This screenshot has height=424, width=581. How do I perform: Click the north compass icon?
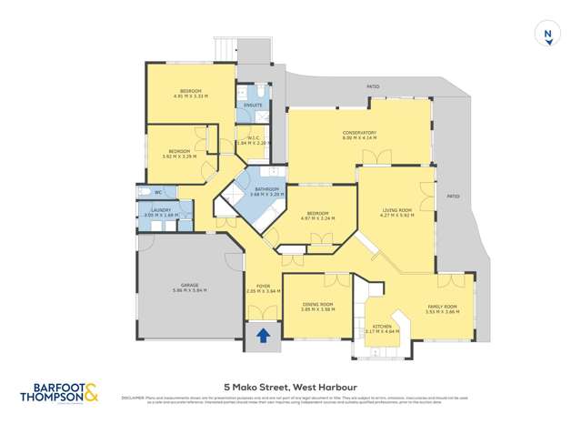(x=547, y=35)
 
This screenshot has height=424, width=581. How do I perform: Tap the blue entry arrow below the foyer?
(x=263, y=336)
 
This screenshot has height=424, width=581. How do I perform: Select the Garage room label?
(x=190, y=285)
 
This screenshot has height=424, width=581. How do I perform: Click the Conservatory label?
(x=359, y=133)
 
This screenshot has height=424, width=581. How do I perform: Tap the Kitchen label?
(x=381, y=325)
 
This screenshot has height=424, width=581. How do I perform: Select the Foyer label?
(x=264, y=286)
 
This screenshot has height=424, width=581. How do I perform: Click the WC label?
(x=157, y=192)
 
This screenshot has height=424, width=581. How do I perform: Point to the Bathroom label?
(x=266, y=189)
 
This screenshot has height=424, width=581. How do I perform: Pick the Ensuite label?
(x=253, y=105)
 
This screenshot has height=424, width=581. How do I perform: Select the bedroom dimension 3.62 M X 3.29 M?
(x=179, y=156)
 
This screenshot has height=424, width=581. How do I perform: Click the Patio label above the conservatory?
(x=373, y=87)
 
